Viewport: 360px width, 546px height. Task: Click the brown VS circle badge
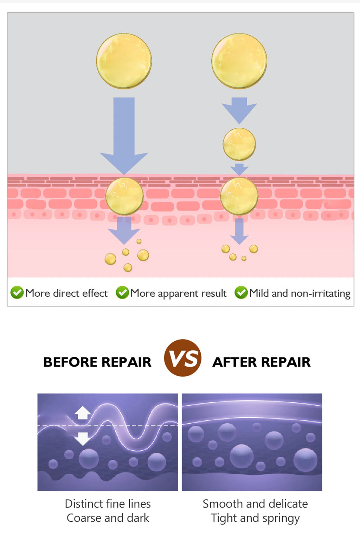coord(183,358)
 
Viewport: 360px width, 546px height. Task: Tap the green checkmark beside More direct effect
coord(17,292)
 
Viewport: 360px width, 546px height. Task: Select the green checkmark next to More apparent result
coord(122,292)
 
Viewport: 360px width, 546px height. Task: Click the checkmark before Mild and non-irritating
coord(241,292)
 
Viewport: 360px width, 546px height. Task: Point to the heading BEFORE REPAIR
coord(97,362)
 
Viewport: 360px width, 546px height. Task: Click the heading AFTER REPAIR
coord(262,362)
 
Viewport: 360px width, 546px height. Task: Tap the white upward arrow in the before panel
coord(83,413)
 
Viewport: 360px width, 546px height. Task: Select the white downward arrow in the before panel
coord(83,439)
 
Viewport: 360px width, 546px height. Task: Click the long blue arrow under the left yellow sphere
coord(124,136)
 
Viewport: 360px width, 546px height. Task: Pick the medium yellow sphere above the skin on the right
coord(239,144)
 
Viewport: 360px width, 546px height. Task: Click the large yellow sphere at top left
coord(124,61)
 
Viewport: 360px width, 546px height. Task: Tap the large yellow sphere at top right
coord(239,61)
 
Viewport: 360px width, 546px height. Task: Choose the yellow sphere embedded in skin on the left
coord(124,196)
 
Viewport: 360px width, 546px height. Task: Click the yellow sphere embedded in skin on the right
coord(239,196)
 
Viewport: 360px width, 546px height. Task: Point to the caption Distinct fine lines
coord(108,504)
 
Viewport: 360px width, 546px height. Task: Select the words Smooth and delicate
coord(255,504)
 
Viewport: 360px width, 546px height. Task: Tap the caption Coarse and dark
coord(108,518)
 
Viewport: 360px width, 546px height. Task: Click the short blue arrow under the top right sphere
coord(239,110)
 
